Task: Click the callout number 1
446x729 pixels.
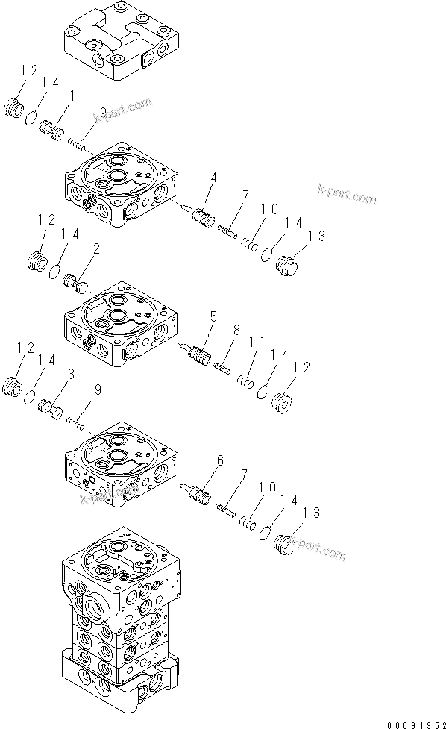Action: pos(72,96)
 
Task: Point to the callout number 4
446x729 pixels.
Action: pos(213,178)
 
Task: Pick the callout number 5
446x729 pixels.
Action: pos(213,318)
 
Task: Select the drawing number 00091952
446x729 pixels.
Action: pos(415,722)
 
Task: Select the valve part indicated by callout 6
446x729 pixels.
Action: pos(198,493)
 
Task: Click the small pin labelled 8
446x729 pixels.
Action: pos(222,366)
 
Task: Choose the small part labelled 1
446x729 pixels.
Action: pos(52,129)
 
